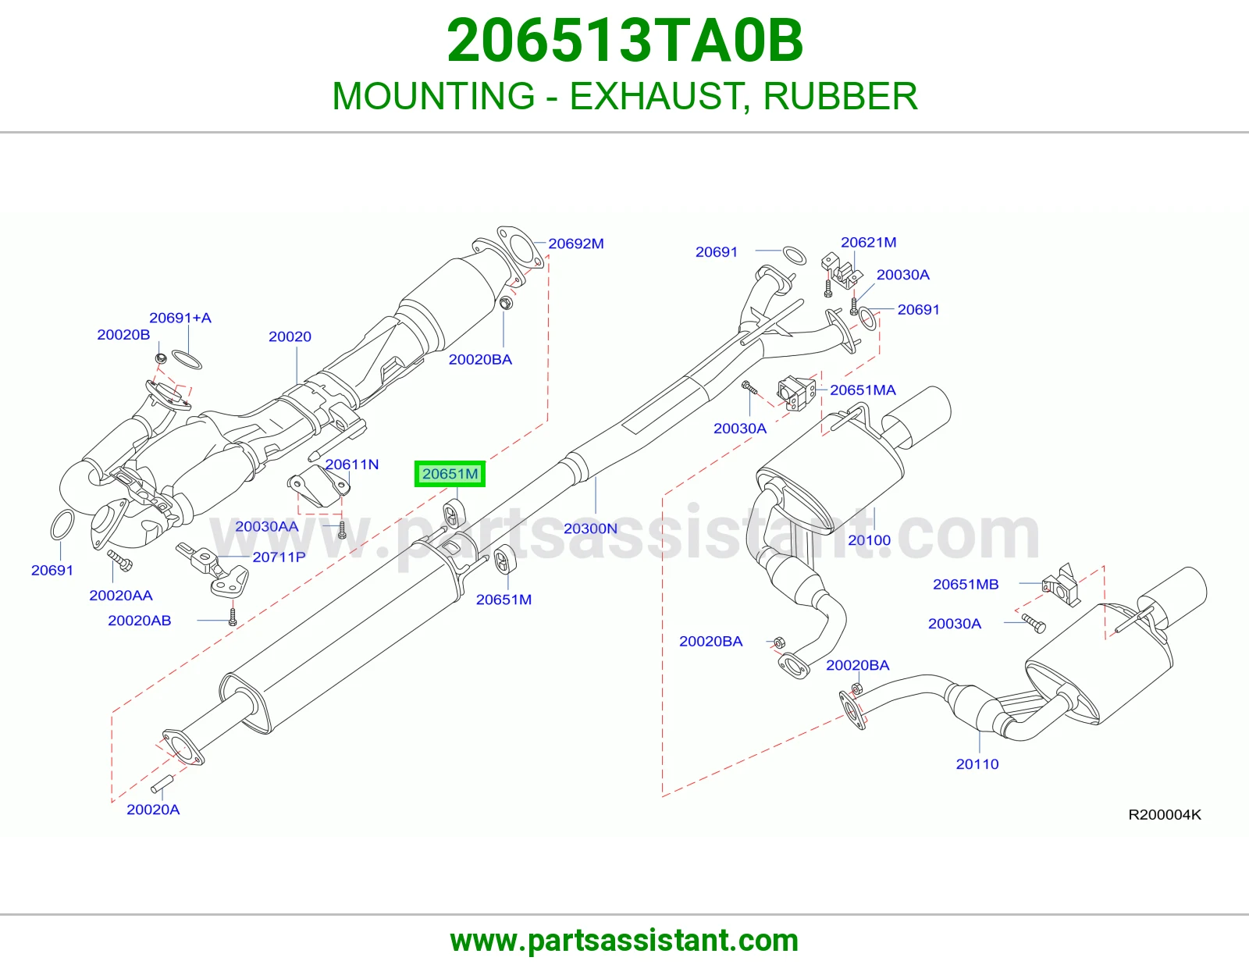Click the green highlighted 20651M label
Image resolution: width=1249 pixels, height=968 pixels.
point(450,474)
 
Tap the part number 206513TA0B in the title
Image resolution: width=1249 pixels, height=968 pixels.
point(624,41)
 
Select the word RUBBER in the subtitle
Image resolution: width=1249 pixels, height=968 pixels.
point(840,96)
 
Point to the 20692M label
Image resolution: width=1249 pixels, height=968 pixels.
point(576,244)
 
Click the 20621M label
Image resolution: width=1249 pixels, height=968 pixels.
point(869,243)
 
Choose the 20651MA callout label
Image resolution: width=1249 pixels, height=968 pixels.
point(863,390)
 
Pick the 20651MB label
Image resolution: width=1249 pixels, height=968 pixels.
point(966,585)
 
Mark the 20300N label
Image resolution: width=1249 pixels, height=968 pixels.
point(590,528)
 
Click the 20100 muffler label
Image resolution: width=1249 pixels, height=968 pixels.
point(869,540)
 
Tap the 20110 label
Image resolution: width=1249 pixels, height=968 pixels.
point(977,764)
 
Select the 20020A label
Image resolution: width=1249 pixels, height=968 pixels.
point(153,810)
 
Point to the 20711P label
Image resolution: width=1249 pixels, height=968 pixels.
point(279,557)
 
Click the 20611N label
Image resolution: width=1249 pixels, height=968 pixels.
point(352,464)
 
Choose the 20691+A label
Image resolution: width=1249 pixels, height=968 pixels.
point(180,318)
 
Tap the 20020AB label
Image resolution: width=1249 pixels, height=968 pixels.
point(140,621)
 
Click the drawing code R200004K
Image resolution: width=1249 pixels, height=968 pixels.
point(1165,815)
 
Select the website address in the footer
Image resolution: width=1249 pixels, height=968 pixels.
point(624,941)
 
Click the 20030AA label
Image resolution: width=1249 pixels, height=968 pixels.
point(267,526)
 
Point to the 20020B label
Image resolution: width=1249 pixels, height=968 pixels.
point(123,335)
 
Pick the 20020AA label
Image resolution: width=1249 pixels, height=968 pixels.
point(121,596)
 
